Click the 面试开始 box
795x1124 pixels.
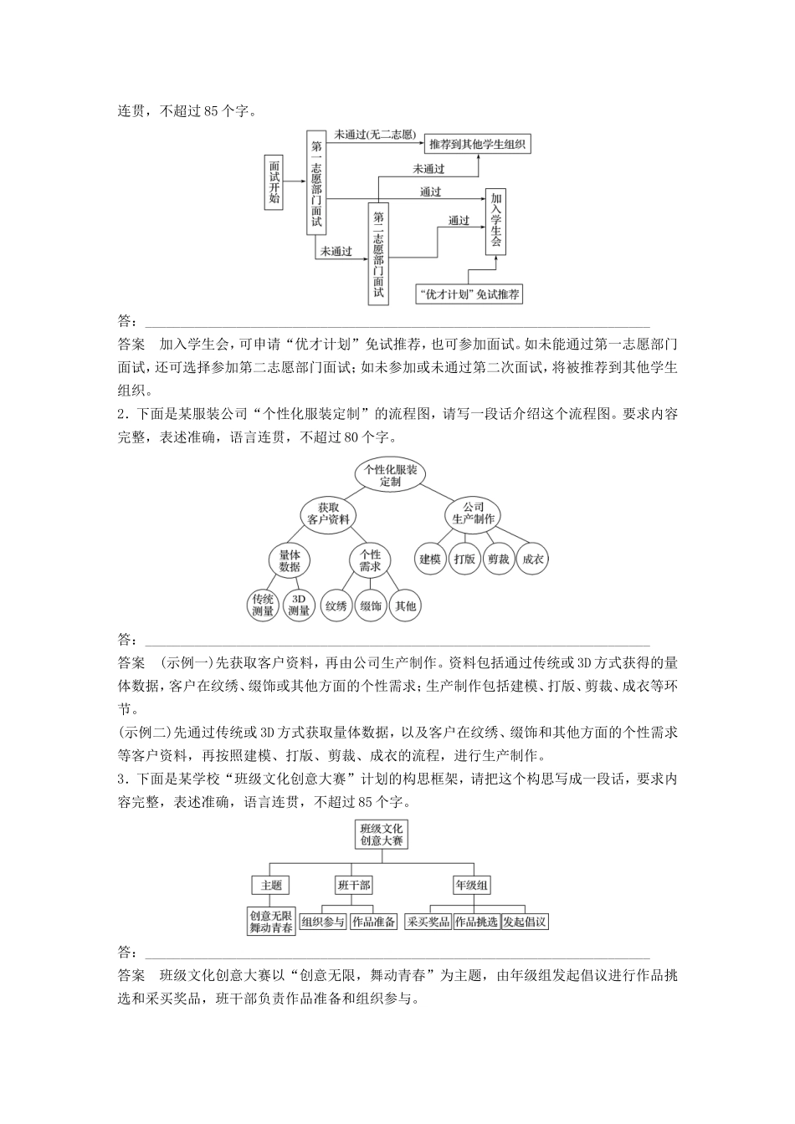(x=274, y=182)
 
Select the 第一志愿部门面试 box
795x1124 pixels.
(x=315, y=182)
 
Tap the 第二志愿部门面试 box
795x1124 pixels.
(x=378, y=253)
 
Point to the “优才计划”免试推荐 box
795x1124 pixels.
(x=469, y=294)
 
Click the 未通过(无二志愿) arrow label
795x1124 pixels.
(x=374, y=134)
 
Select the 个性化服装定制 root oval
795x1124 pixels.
(x=391, y=475)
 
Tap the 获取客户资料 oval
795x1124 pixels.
(x=328, y=513)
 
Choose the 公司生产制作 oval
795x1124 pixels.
(x=474, y=513)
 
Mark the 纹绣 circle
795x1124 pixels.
(x=336, y=605)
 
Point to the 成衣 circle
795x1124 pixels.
(x=532, y=559)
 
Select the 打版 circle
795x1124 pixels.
(x=464, y=559)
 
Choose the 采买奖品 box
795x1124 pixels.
(x=428, y=922)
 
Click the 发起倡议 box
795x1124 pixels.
(x=525, y=922)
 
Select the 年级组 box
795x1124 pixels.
(x=472, y=885)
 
